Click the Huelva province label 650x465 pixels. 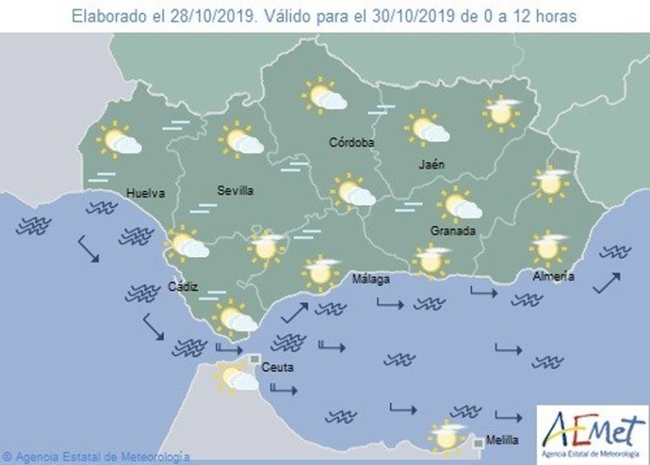[x=145, y=194]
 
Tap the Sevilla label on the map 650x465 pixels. [x=235, y=191]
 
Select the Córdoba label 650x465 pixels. [x=351, y=143]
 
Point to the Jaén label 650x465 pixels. [x=431, y=165]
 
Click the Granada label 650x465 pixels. [x=453, y=232]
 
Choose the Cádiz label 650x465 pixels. [x=183, y=287]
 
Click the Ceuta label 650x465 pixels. [x=276, y=366]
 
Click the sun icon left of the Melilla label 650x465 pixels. [x=447, y=437]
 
